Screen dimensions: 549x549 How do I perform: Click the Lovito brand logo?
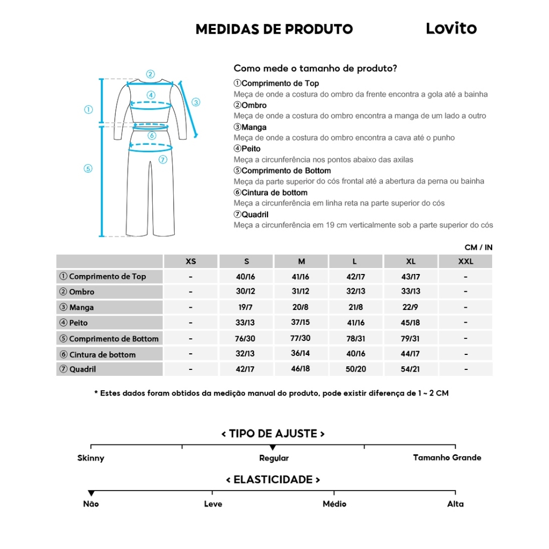tap(451, 28)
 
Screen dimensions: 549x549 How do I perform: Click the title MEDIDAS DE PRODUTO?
tap(274, 29)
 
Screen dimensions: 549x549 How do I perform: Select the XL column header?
tap(411, 262)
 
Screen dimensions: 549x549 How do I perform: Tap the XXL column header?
tap(465, 262)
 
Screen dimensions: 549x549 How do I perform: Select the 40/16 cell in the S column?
tap(246, 277)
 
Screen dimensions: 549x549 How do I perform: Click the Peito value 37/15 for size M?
tap(301, 323)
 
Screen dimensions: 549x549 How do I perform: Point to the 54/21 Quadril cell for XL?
tap(411, 369)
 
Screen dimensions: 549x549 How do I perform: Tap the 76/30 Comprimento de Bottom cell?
tap(246, 338)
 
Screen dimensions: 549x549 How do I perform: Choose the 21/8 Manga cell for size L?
tap(356, 308)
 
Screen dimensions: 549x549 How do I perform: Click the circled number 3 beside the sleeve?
tap(196, 102)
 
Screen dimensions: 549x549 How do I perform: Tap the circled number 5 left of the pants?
tap(88, 168)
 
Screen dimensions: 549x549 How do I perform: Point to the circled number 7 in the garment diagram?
tap(163, 159)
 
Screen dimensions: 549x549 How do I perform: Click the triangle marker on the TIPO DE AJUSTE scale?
tap(273, 447)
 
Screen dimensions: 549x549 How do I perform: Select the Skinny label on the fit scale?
tap(91, 458)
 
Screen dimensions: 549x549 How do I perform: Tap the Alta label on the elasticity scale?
tap(455, 504)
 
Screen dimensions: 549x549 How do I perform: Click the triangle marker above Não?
tap(91, 493)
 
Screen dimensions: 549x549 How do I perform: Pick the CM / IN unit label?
tap(478, 247)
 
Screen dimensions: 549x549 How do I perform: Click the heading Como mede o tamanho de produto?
tap(315, 69)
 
